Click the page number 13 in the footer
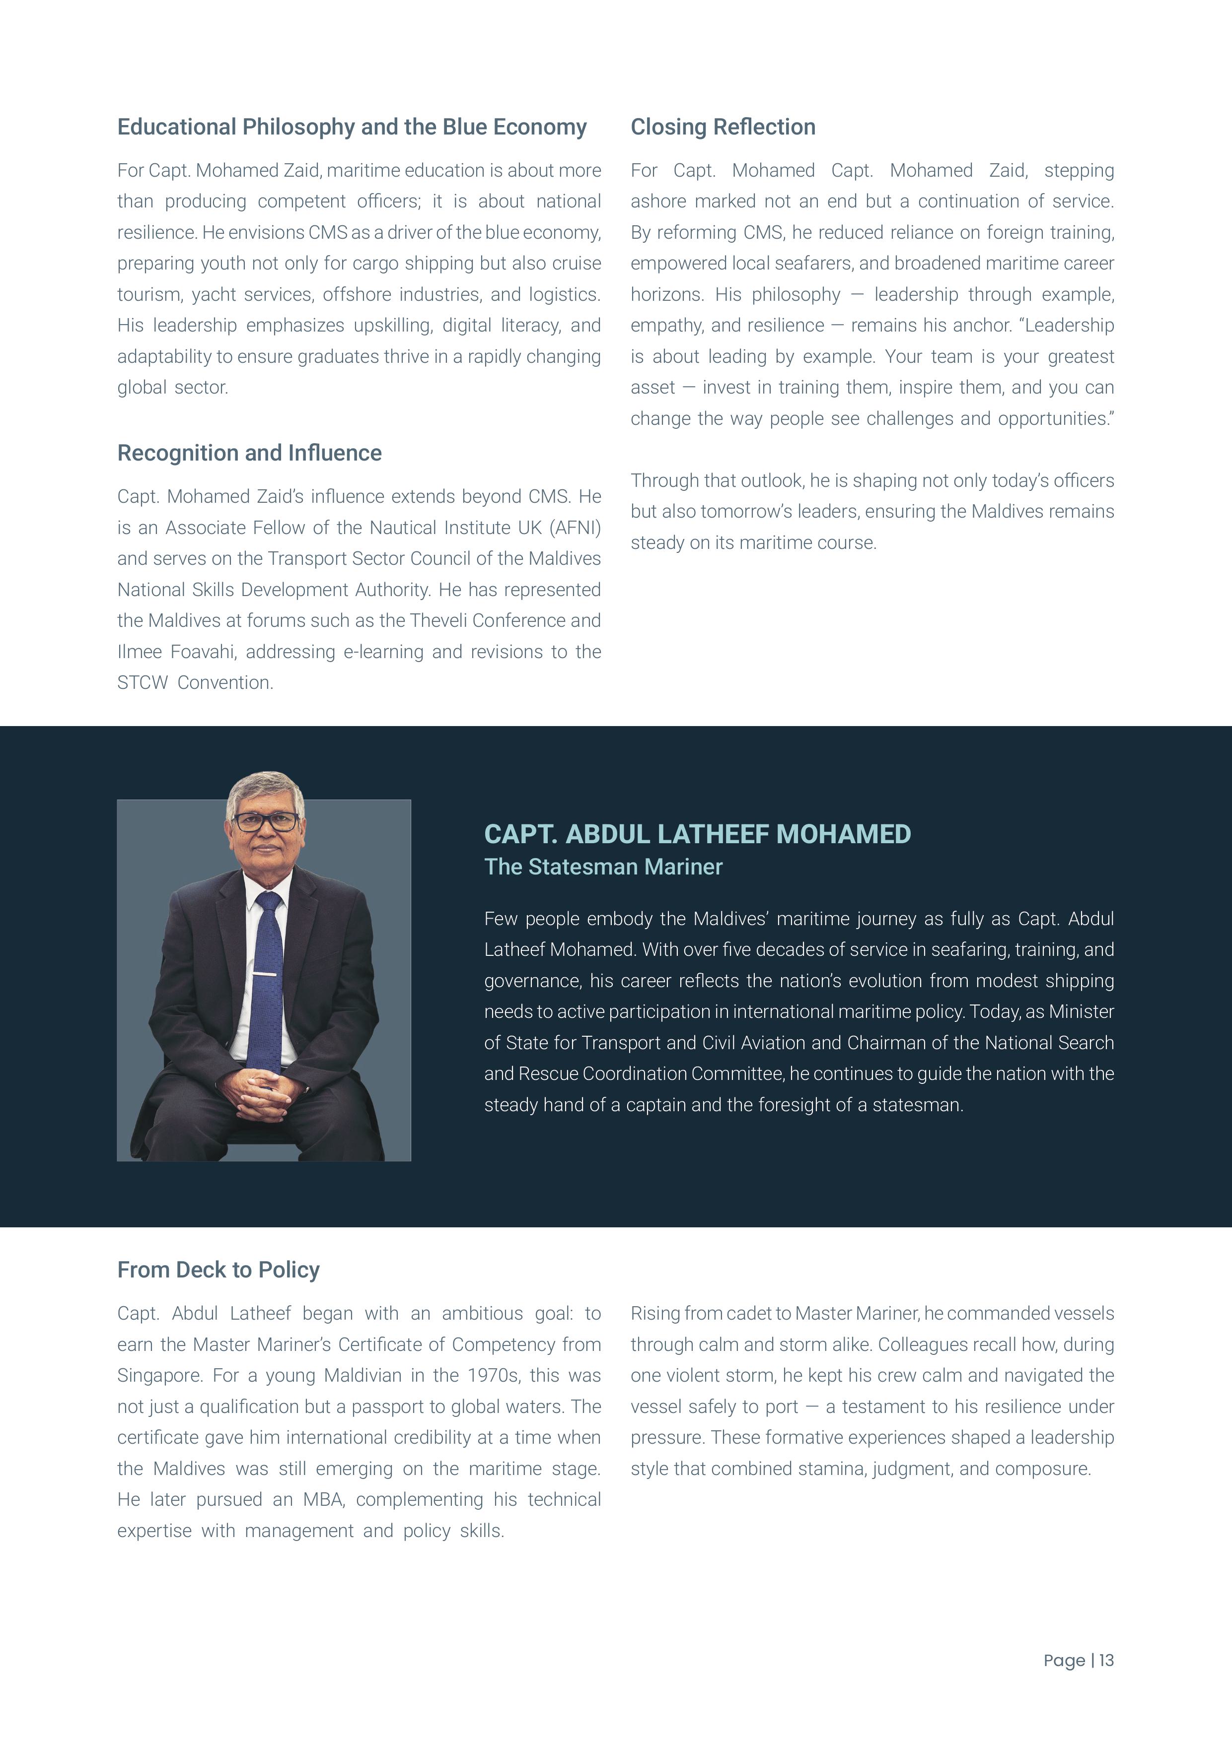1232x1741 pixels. [x=1106, y=1660]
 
